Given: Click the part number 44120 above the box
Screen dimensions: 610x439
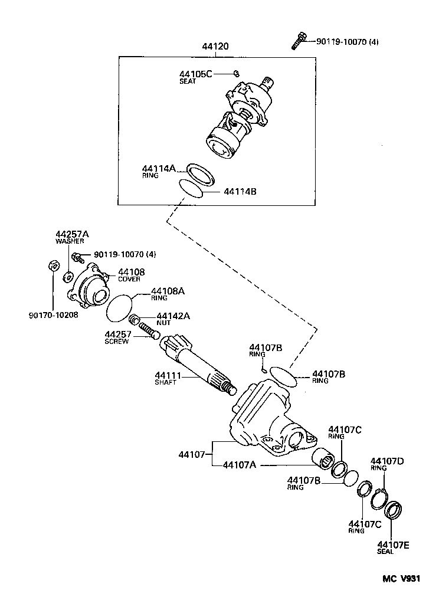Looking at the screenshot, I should pos(215,47).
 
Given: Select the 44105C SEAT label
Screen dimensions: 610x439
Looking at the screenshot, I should pos(195,77).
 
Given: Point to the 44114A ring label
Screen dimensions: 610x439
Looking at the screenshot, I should pos(159,171).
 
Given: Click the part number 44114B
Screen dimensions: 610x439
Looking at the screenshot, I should pos(241,192).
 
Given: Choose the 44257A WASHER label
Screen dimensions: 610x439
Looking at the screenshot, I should pos(70,237).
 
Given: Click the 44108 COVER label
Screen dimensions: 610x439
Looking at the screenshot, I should pos(131,275).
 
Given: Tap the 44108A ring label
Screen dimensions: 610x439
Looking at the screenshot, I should pos(168,294).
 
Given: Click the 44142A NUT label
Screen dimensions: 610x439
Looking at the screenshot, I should pos(173,319).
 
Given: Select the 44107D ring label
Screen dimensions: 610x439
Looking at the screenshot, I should pos(386,464).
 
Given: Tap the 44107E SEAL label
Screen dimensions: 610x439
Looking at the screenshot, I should pos(393,547).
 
